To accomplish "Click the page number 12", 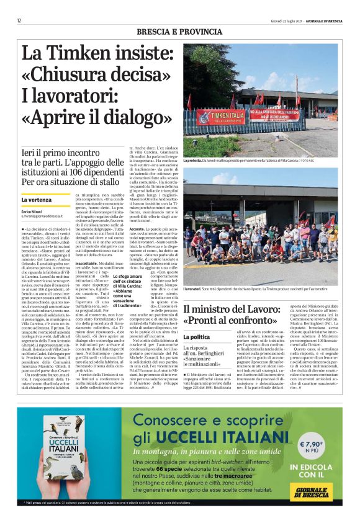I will coord(19,21).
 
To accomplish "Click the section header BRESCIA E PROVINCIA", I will coord(179,31).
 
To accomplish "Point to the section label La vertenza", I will coord(36,200).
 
